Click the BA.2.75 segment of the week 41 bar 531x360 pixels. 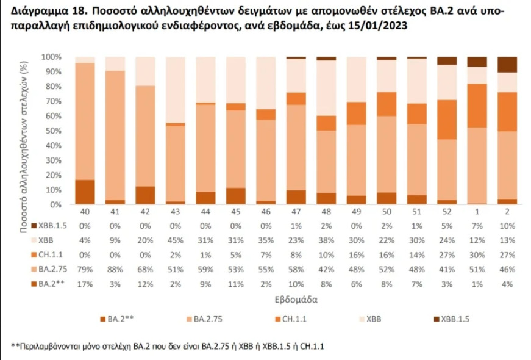tap(115, 135)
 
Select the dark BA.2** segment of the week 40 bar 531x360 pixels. tap(85, 192)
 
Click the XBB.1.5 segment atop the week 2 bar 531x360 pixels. tap(507, 64)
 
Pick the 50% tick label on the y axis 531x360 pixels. tap(52, 131)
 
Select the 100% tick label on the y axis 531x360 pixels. tap(51, 57)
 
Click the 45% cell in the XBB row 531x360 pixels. tap(176, 239)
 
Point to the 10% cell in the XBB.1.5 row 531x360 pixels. tap(507, 225)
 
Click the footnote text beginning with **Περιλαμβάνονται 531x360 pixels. tap(167, 347)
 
